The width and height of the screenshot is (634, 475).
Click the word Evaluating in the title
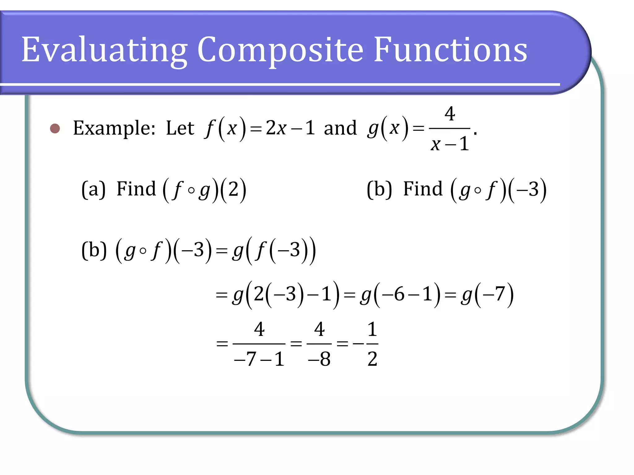(x=104, y=49)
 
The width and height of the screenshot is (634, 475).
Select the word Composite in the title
(x=280, y=49)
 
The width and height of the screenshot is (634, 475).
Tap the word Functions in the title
(x=450, y=49)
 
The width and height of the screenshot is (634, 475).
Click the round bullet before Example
(x=55, y=128)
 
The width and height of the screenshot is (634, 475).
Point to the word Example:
(x=114, y=128)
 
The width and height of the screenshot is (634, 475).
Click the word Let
(x=180, y=128)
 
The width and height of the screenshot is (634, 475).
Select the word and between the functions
(x=340, y=128)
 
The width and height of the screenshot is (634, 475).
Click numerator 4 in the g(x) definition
(x=450, y=113)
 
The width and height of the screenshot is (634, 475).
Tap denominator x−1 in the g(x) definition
(x=450, y=144)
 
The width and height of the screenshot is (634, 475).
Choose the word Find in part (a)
(x=136, y=189)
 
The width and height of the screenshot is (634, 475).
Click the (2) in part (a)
(x=234, y=189)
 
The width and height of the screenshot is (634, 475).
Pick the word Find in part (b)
(x=423, y=189)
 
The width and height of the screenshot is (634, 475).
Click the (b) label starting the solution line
(x=94, y=250)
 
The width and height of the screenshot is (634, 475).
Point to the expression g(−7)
(x=487, y=294)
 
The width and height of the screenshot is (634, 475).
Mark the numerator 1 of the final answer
(x=372, y=329)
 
